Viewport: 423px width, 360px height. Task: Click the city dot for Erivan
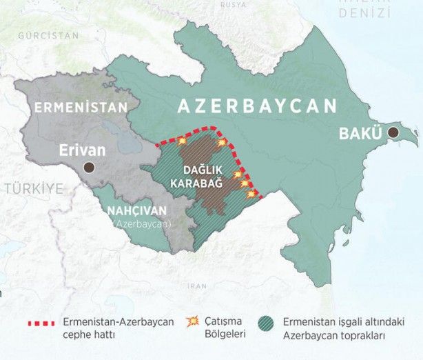coord(88,168)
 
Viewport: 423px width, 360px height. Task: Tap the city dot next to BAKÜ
coord(393,132)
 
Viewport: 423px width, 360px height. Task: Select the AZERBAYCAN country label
coord(258,106)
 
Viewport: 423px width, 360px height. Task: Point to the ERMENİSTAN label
coord(81,108)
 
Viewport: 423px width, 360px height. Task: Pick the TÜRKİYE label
coord(30,188)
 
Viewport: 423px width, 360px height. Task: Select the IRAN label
coord(198,285)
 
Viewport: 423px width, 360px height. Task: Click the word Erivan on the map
coord(82,149)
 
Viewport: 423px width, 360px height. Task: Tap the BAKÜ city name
coord(360,134)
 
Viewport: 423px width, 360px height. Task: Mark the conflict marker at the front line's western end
coord(182,141)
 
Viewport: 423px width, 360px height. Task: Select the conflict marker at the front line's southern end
coord(251,194)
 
